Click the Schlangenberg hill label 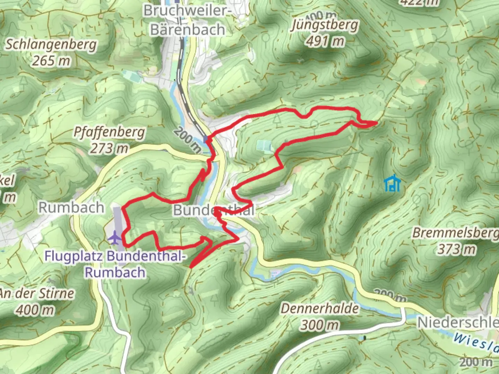[x=51, y=45]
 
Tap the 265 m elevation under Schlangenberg [x=51, y=61]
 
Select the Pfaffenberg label [x=109, y=132]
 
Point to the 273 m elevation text [x=109, y=149]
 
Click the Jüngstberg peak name [x=325, y=25]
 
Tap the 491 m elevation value [x=325, y=41]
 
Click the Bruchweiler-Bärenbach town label [x=187, y=20]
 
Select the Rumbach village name [x=71, y=207]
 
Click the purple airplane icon [x=114, y=238]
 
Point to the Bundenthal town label [x=214, y=210]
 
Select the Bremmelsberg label [x=455, y=233]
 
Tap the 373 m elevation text [x=456, y=249]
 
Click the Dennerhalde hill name [x=319, y=308]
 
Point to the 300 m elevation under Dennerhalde [x=319, y=325]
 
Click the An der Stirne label [x=36, y=294]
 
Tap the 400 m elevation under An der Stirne [x=36, y=310]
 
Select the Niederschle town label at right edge [x=457, y=322]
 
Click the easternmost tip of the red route [x=376, y=122]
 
